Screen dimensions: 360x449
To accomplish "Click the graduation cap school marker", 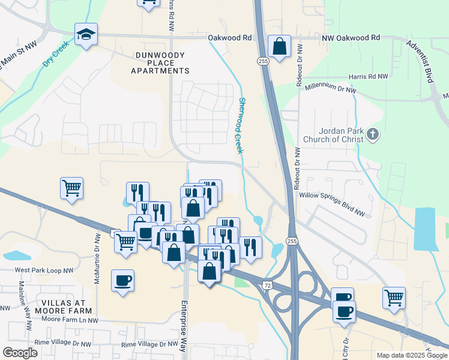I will pos(86,35).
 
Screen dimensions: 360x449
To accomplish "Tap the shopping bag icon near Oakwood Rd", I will pos(280,46).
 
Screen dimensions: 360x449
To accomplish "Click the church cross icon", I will pos(373,134).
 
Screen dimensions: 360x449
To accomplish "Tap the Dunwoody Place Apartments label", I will pos(161,62).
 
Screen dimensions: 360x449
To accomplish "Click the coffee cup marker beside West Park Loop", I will pos(122,281).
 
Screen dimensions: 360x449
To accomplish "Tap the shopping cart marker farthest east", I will pos(394,298).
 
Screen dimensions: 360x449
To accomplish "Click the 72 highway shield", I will pos(265,286).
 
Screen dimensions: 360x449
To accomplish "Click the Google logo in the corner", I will pos(20,353).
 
